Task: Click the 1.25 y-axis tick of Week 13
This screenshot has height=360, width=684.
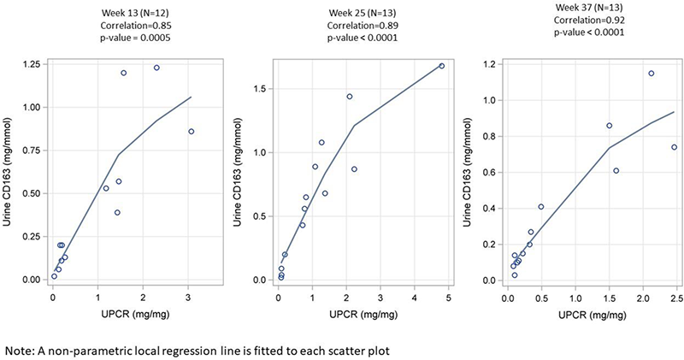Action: click(x=32, y=64)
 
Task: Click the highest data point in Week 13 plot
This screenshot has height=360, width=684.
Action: click(x=156, y=68)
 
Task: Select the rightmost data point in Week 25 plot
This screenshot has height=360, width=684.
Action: click(x=442, y=66)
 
